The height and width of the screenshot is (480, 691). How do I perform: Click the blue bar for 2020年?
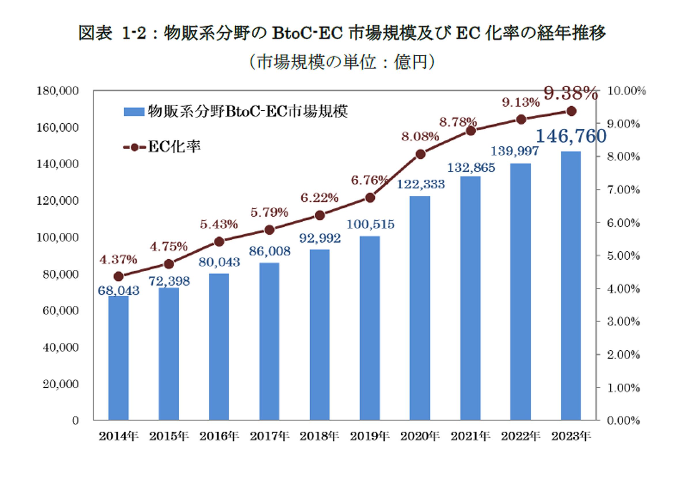(x=420, y=308)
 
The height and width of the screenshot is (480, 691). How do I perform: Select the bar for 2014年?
(x=119, y=358)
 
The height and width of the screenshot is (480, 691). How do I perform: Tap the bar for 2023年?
(x=571, y=286)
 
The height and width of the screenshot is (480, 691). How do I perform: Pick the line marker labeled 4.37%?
(x=119, y=276)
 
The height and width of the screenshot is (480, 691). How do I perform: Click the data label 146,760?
(x=571, y=136)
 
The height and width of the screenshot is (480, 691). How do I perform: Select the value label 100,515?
(x=370, y=224)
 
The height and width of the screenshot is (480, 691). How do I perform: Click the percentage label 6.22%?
(x=320, y=198)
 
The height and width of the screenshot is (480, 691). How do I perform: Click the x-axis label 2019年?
(x=370, y=436)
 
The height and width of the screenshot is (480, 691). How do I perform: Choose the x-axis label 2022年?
(x=521, y=436)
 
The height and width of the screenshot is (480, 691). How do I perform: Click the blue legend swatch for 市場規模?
(x=134, y=112)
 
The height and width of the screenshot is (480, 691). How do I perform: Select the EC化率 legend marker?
(x=134, y=147)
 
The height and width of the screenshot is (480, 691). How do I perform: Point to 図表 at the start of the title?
(x=95, y=33)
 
